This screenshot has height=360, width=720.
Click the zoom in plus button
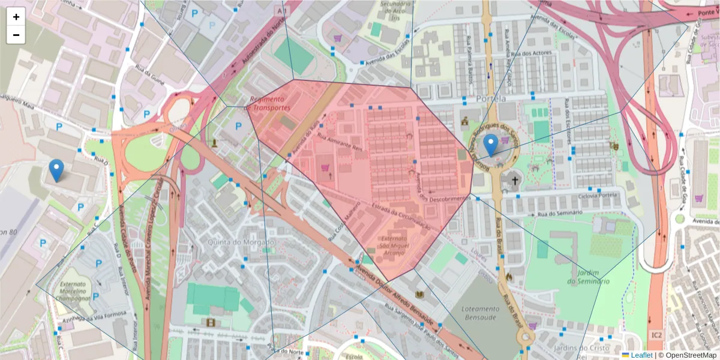[x=16, y=17]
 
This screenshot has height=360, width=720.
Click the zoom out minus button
[x=16, y=35]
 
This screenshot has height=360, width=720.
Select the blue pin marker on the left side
[x=56, y=170]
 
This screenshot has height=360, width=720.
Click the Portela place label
[x=489, y=98]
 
